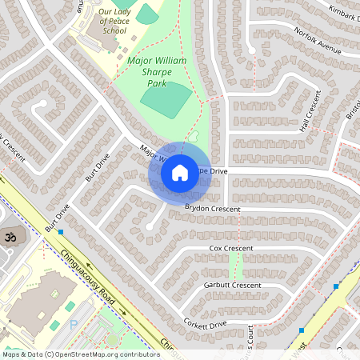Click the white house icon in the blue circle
tap(179, 172)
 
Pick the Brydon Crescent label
tap(212, 208)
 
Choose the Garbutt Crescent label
tap(232, 285)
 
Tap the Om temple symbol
tap(11, 237)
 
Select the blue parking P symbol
tap(74, 324)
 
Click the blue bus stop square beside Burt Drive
tap(61, 232)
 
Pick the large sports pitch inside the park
tap(166, 99)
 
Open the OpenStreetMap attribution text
tap(80, 354)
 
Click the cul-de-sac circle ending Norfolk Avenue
tap(251, 50)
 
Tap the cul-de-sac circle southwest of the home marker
tap(149, 227)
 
